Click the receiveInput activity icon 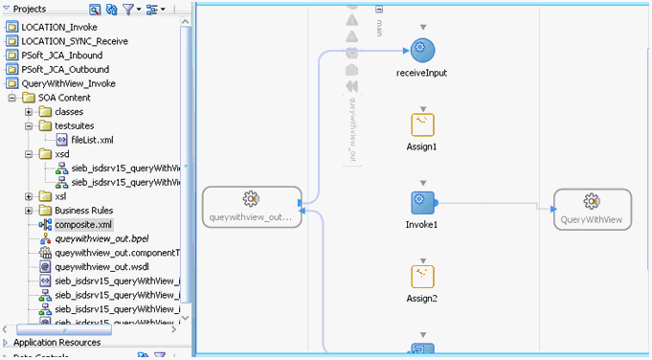click(x=423, y=51)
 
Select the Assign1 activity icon click(x=423, y=124)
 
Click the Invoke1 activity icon click(x=423, y=203)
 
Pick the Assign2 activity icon click(x=423, y=277)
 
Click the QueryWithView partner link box click(x=592, y=209)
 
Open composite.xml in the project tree click(x=83, y=224)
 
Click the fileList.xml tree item click(x=92, y=140)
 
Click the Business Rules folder click(x=83, y=211)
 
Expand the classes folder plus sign click(x=30, y=112)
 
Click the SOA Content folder click(x=64, y=98)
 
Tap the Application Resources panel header click(x=57, y=342)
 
